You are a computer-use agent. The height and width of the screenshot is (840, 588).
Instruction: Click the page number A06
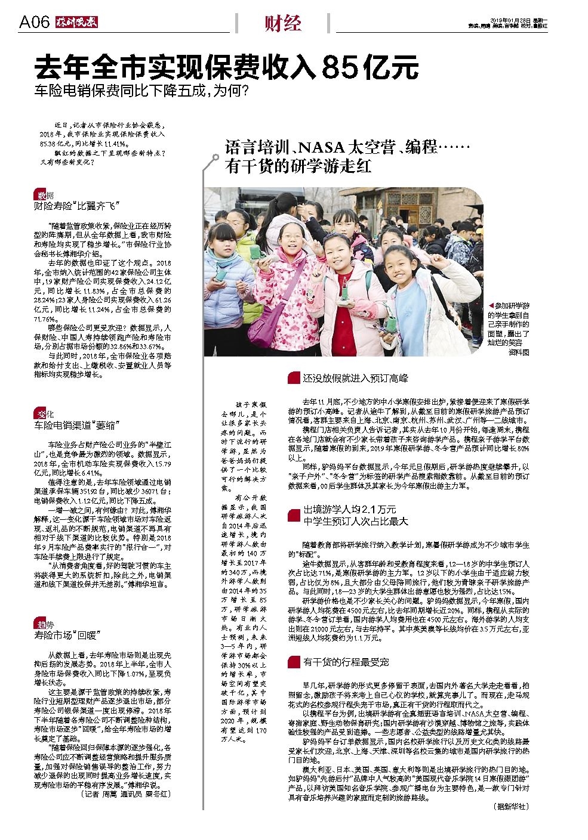33,23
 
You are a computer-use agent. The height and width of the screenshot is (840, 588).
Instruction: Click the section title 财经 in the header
282,23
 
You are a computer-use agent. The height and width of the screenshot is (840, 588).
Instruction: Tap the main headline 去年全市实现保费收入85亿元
226,67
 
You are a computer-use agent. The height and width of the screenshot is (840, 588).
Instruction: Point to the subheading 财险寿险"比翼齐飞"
78,206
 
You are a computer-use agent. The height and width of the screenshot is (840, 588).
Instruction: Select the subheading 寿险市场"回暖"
66,636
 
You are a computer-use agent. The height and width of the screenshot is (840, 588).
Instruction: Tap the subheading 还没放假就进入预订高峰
355,378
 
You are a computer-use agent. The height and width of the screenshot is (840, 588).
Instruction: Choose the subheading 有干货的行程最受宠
346,662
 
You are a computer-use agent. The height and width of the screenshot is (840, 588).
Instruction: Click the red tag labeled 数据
44,196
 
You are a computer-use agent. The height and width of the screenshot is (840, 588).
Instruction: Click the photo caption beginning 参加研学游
509,328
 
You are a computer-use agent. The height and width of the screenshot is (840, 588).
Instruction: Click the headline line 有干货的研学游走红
298,166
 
